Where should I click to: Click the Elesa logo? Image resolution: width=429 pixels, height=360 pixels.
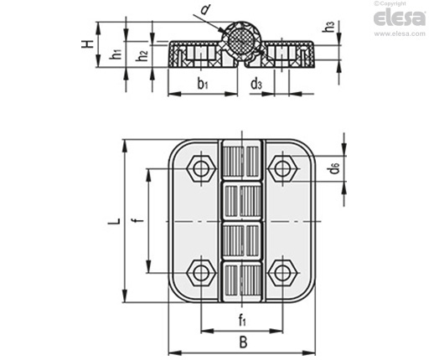pyautogui.click(x=400, y=18)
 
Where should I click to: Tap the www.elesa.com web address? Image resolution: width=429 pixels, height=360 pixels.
pyautogui.click(x=400, y=33)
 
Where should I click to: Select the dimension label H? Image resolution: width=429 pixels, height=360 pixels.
pyautogui.click(x=87, y=44)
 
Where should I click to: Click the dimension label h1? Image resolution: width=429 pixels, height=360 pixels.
pyautogui.click(x=116, y=53)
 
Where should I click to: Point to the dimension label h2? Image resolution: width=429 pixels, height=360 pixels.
pyautogui.click(x=142, y=55)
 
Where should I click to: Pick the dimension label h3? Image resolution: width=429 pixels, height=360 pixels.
pyautogui.click(x=328, y=27)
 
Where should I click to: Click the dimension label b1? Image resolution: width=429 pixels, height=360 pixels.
pyautogui.click(x=203, y=84)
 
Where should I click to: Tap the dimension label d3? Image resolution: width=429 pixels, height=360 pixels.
pyautogui.click(x=256, y=84)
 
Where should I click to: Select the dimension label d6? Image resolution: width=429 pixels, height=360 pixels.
pyautogui.click(x=333, y=168)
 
